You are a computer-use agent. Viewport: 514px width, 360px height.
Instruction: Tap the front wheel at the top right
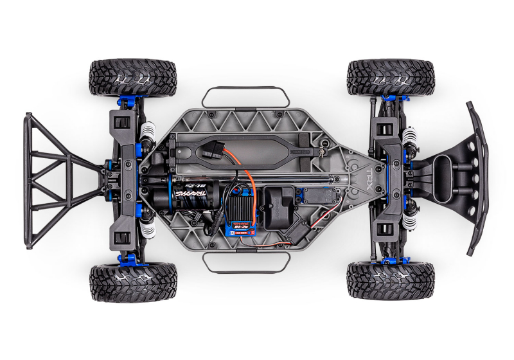pos(391,77)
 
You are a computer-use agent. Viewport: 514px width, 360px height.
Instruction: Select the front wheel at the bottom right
pos(391,280)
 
